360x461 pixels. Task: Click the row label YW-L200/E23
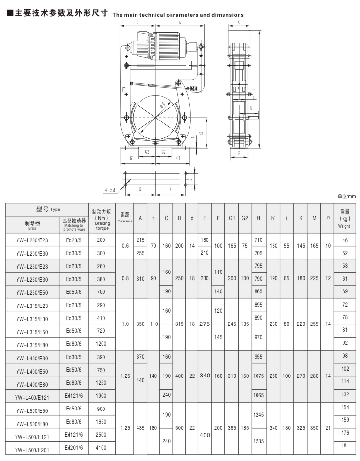32,240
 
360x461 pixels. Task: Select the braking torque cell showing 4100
101,447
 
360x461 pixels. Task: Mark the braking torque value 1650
101,422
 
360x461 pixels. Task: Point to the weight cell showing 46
345,240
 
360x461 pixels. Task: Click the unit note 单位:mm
346,197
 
